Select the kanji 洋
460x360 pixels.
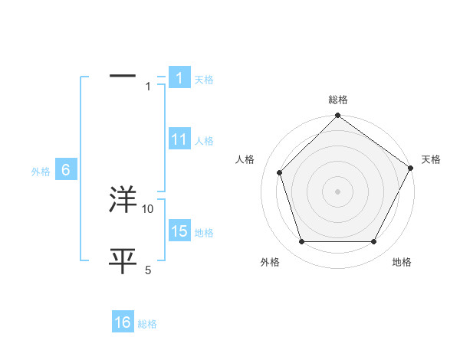pyautogui.click(x=123, y=199)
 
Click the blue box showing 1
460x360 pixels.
pyautogui.click(x=179, y=78)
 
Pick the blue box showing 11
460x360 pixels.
pyautogui.click(x=179, y=140)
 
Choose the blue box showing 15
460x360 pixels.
pyautogui.click(x=179, y=231)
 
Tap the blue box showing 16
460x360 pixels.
pyautogui.click(x=123, y=323)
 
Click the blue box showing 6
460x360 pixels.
pyautogui.click(x=66, y=171)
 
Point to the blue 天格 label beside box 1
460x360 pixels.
pyautogui.click(x=203, y=80)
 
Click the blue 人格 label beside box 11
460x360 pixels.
pyautogui.click(x=204, y=141)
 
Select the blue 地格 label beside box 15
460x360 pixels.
pyautogui.click(x=204, y=233)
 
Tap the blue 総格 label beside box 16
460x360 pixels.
pyautogui.click(x=147, y=325)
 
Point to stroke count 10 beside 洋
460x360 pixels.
pyautogui.click(x=148, y=208)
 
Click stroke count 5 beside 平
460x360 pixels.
pyautogui.click(x=148, y=270)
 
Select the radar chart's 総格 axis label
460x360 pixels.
pyautogui.click(x=338, y=100)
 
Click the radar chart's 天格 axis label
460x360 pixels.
pyautogui.click(x=431, y=159)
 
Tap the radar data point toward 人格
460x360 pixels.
pyautogui.click(x=280, y=172)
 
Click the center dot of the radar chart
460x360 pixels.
pyautogui.click(x=338, y=191)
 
